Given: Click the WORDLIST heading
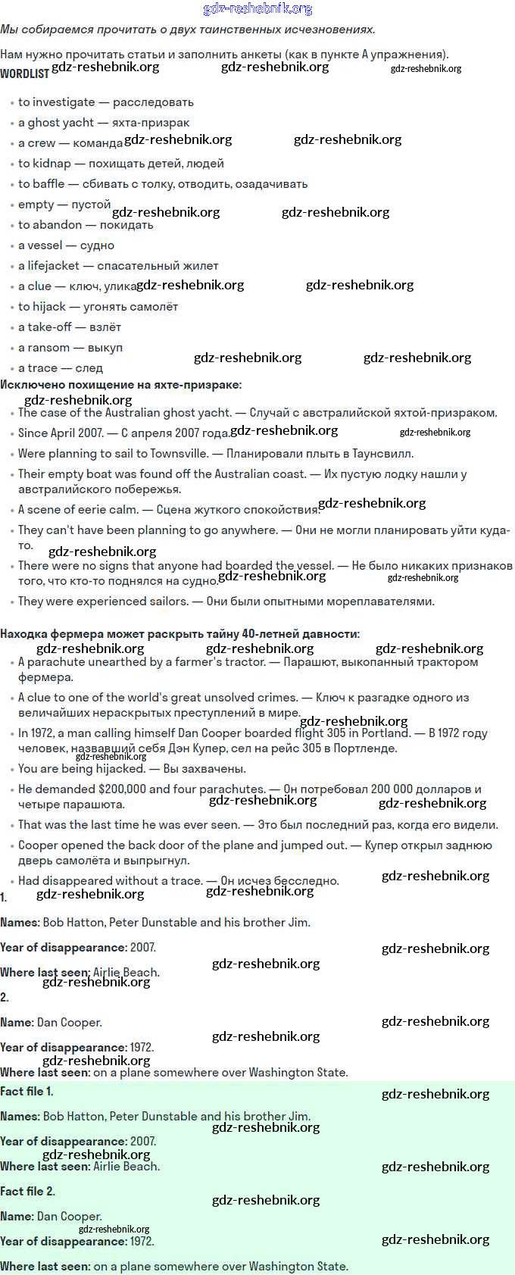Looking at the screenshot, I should (x=24, y=73).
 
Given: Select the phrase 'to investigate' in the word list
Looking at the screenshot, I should (x=57, y=102).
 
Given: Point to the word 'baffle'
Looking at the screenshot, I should (x=48, y=184).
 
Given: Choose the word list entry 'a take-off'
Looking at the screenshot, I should (x=45, y=327).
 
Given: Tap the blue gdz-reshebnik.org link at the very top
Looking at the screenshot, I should (x=257, y=8).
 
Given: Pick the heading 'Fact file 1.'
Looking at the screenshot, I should (x=27, y=1092).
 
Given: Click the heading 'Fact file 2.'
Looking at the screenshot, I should (x=27, y=1192).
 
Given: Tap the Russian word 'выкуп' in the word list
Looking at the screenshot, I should (x=105, y=348).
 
